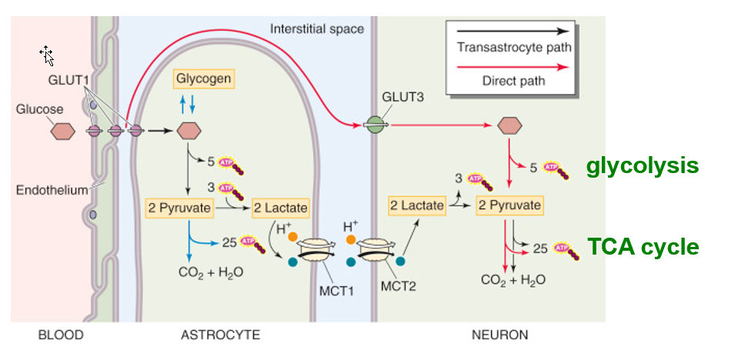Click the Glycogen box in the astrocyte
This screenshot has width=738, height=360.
click(203, 78)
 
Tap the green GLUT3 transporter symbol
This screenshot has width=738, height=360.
click(373, 124)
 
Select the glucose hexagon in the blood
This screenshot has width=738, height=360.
click(63, 131)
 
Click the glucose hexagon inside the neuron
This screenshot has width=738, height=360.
click(509, 125)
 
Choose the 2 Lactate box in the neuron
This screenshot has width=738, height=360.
click(417, 205)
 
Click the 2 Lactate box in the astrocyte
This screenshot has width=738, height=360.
click(280, 208)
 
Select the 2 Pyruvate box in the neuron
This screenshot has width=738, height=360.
click(509, 205)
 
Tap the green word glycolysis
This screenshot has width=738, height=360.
click(642, 165)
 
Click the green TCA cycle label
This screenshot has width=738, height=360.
click(643, 247)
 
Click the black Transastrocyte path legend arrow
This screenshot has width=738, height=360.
click(513, 32)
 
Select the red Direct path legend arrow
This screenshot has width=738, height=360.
click(513, 66)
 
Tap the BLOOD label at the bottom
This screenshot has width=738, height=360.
click(60, 335)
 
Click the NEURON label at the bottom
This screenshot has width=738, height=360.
click(499, 335)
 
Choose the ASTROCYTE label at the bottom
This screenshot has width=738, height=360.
click(220, 335)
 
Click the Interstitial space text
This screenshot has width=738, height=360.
click(317, 29)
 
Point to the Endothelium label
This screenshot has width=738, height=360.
click(51, 190)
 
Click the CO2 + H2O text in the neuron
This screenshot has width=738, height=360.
click(513, 280)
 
